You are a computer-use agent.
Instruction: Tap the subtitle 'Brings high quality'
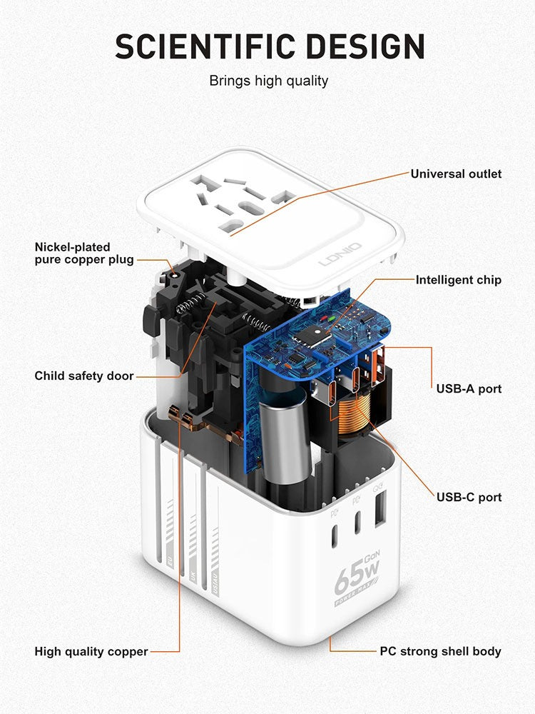point(268,81)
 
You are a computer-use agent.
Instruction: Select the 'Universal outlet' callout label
point(456,174)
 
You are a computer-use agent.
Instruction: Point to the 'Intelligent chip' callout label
point(459,280)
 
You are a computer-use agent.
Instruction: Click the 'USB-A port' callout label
point(469,389)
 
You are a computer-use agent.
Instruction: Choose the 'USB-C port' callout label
point(469,497)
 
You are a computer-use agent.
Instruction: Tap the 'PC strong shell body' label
point(440,651)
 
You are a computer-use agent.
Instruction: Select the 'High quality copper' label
point(91,651)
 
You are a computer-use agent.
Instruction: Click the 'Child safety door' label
point(84,376)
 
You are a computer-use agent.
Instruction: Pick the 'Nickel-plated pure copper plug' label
point(84,253)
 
